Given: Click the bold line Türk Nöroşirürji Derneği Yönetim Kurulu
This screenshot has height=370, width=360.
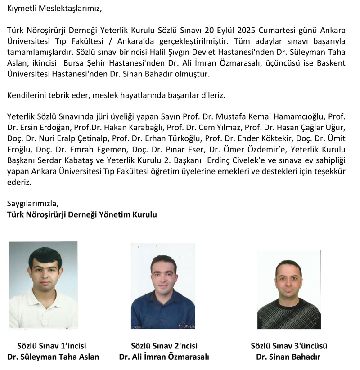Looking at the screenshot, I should click(82, 215).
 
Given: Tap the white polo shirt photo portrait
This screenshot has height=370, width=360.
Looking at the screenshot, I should click(43, 285).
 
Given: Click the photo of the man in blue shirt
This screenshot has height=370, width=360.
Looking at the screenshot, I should click(163, 286).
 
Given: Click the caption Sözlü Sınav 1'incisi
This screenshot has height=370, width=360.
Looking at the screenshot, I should click(52, 346).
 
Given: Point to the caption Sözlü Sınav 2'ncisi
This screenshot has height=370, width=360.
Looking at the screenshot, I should click(164, 346).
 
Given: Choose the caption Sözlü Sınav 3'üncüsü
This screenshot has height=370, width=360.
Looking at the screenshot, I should click(289, 346).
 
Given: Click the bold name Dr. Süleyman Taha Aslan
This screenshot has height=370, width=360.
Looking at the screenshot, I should click(53, 357).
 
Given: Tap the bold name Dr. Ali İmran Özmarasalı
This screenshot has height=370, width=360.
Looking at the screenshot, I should click(164, 357).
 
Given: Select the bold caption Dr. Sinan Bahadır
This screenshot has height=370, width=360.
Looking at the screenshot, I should click(289, 357).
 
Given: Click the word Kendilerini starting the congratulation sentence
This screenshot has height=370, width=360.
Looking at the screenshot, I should click(28, 95).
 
